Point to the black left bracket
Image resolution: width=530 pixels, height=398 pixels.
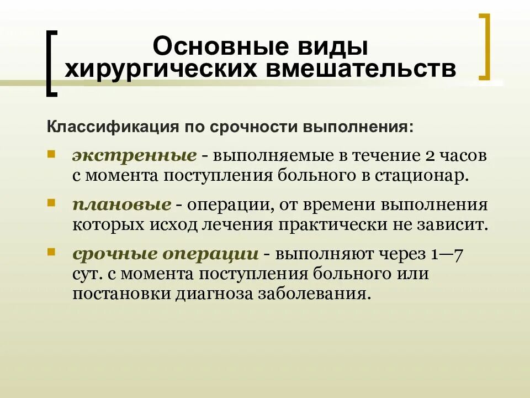point(51,64)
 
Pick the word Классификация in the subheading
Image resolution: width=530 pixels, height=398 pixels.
point(111,127)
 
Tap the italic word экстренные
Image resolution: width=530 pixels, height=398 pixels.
point(134,155)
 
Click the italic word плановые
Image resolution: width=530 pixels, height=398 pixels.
point(121,205)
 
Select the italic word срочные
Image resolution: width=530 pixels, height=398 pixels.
point(113,254)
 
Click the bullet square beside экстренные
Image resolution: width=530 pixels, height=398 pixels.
point(51,153)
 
